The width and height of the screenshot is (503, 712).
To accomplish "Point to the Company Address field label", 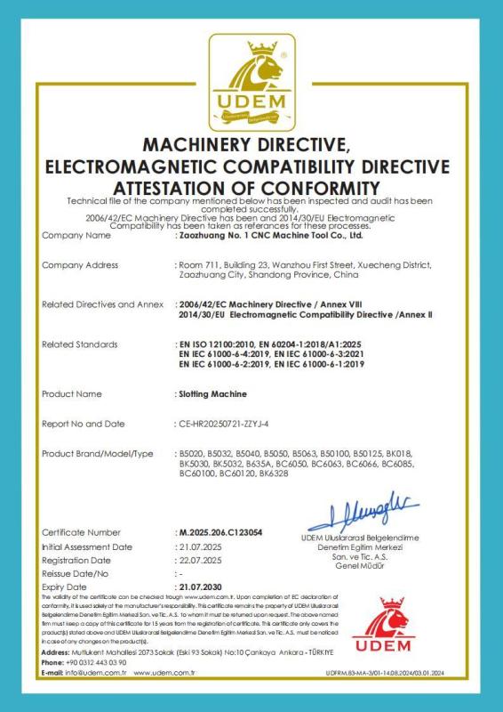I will tap(81, 265).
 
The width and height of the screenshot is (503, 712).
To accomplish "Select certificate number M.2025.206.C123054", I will tap(220, 531).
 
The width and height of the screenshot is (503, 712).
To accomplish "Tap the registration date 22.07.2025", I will tap(199, 560).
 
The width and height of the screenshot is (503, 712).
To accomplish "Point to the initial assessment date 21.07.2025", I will tap(199, 546).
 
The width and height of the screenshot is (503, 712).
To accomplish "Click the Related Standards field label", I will tap(81, 343).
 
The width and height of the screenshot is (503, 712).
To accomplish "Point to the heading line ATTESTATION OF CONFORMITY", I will tap(251, 188).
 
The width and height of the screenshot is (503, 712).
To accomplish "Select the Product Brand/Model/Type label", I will tap(98, 455).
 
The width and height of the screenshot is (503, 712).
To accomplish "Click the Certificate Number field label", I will tap(81, 531).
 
